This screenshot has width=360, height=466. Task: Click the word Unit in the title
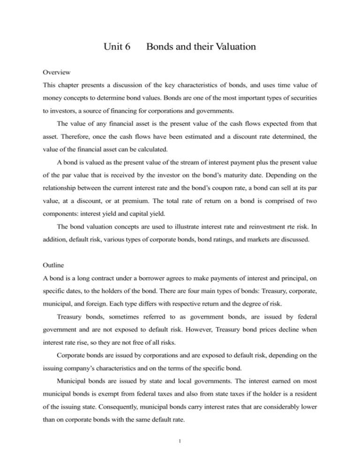point(110,47)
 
